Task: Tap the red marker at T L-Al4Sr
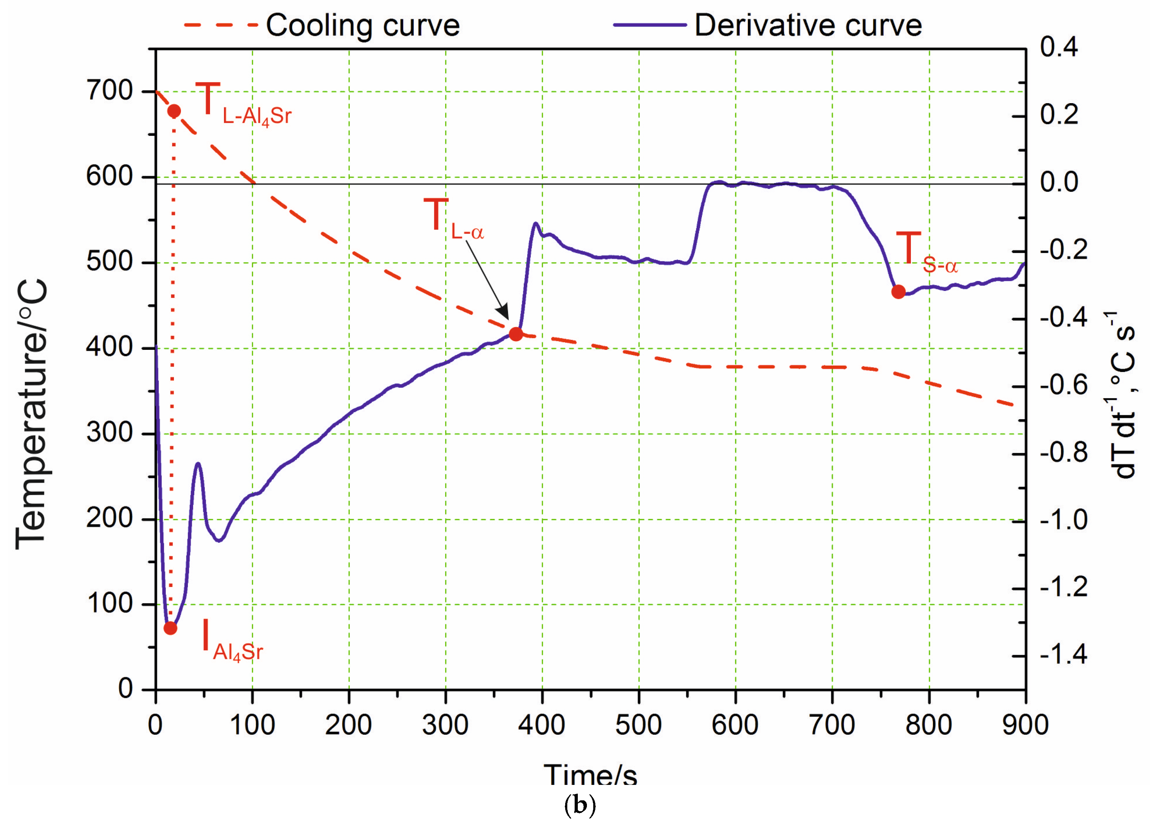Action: (x=174, y=111)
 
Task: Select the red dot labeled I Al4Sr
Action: (x=170, y=628)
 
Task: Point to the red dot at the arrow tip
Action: (x=516, y=334)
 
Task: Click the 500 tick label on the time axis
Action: (x=638, y=725)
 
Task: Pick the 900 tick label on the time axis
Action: (x=1025, y=725)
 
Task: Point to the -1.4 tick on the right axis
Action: (x=1063, y=654)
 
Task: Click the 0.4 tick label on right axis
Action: (x=1059, y=47)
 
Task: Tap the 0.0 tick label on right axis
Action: (x=1059, y=182)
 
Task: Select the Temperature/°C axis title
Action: (x=32, y=413)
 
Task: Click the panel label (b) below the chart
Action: (x=580, y=805)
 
